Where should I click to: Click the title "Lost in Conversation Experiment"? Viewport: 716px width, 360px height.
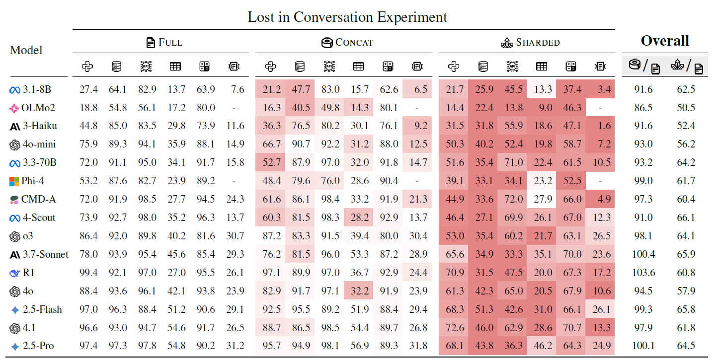pos(347,17)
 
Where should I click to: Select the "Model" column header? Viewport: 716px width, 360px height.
pos(26,50)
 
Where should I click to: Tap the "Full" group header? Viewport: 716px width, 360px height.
pos(164,43)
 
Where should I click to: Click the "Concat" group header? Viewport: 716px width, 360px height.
pos(347,43)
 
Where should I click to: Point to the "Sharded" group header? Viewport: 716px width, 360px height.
pos(530,43)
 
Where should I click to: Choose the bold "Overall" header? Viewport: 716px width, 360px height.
pos(665,41)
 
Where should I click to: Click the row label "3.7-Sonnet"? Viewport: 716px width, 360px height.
pos(45,254)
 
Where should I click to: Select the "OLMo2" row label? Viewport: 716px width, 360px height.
pos(37,108)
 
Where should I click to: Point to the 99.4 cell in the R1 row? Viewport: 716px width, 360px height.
pos(88,273)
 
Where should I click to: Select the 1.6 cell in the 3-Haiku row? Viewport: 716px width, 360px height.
pos(605,126)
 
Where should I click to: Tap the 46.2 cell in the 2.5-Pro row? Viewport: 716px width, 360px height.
pos(542,346)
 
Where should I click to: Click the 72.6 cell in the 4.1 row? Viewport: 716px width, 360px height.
pos(455,328)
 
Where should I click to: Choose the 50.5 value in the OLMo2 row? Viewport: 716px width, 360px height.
pos(686,108)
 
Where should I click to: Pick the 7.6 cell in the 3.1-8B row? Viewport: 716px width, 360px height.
pos(238,89)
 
